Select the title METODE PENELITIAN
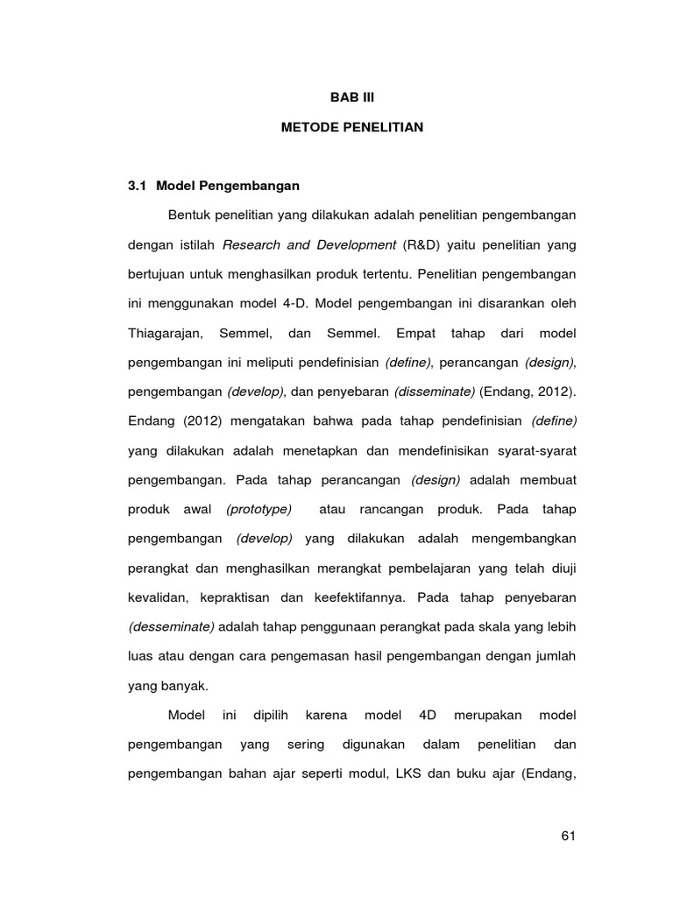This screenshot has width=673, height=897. [351, 128]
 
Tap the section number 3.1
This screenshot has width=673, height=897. [139, 186]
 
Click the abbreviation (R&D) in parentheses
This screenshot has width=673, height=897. [425, 244]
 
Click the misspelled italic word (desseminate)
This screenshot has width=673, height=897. [171, 627]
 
